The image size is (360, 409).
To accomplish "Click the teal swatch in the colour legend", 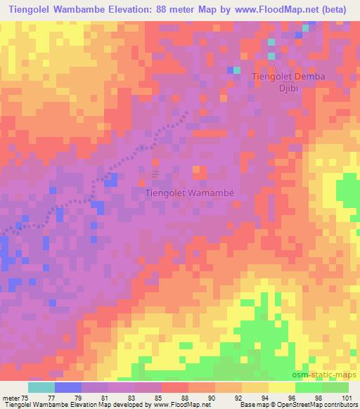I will click(41, 387).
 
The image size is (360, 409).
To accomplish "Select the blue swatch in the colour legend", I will click(68, 387).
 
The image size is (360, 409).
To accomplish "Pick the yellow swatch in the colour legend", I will click(281, 387).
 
